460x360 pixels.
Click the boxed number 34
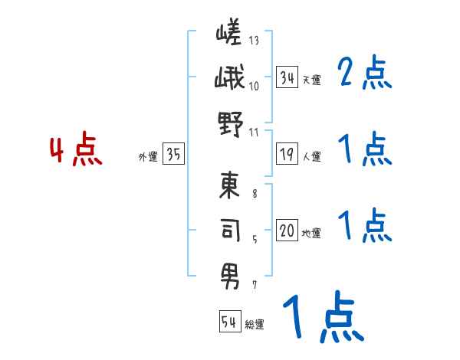click(x=287, y=77)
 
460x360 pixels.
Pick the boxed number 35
click(x=173, y=155)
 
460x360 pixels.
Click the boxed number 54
click(x=229, y=322)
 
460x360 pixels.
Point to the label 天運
click(x=312, y=80)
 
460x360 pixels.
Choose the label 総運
click(x=255, y=325)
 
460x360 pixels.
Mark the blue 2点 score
click(x=365, y=73)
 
